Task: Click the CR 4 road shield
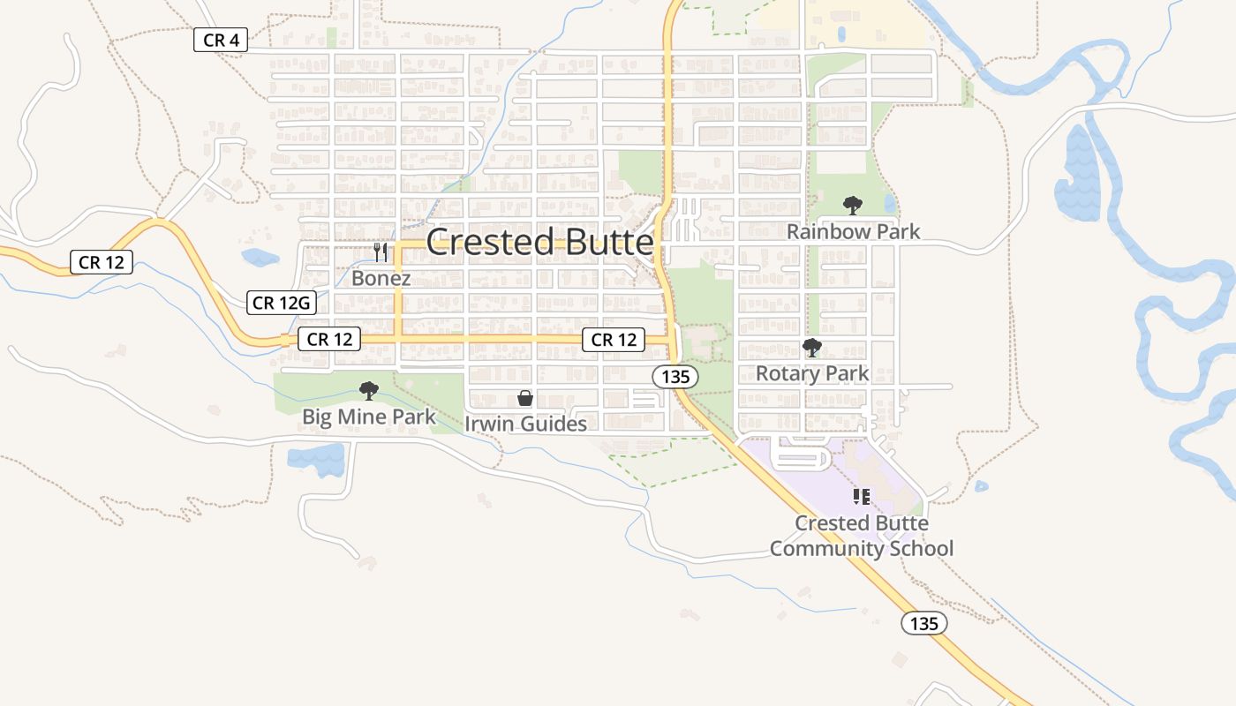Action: pos(221,40)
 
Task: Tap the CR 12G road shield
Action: pos(281,303)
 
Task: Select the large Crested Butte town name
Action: pos(540,242)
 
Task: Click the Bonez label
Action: pos(381,278)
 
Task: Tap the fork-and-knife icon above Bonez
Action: pos(381,252)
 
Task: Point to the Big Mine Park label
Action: pos(369,417)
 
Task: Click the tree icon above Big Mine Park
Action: pos(369,391)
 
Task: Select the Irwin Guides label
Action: pos(525,424)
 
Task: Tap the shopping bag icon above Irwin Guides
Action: pos(525,399)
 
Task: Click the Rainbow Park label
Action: pos(853,231)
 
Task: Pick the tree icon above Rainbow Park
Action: pos(852,206)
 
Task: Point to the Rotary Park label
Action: pos(812,373)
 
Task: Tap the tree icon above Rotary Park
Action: pos(811,348)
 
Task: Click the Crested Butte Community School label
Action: pos(862,536)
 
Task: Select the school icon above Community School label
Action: pos(862,497)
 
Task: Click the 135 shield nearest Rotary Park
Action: pos(675,377)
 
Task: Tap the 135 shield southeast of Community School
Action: pos(923,624)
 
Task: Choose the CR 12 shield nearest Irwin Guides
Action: pos(614,340)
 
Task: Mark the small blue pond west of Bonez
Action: pos(260,258)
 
